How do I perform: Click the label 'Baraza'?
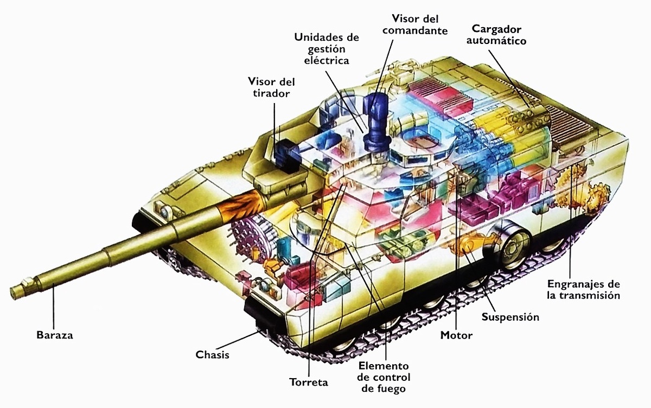pyautogui.click(x=54, y=335)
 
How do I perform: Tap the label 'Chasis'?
pyautogui.click(x=212, y=355)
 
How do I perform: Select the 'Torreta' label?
pyautogui.click(x=309, y=382)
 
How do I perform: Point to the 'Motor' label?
pyautogui.click(x=456, y=335)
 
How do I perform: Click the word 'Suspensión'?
pyautogui.click(x=510, y=317)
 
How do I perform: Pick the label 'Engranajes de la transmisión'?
pyautogui.click(x=583, y=290)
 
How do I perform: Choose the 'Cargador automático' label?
pyautogui.click(x=499, y=34)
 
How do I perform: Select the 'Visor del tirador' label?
pyautogui.click(x=271, y=87)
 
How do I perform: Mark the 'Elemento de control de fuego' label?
pyautogui.click(x=384, y=377)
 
